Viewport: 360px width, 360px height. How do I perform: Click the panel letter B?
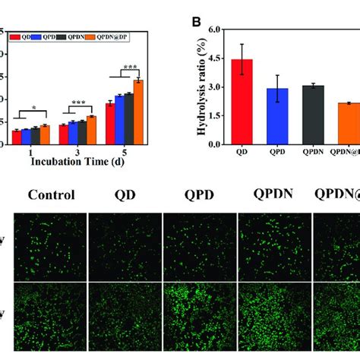pyautogui.click(x=197, y=23)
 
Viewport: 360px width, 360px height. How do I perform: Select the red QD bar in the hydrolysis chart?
pyautogui.click(x=242, y=102)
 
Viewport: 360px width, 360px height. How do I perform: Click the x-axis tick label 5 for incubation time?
pyautogui.click(x=124, y=151)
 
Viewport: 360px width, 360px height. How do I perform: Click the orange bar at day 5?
pyautogui.click(x=137, y=110)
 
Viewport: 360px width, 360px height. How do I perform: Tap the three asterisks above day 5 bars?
pyautogui.click(x=129, y=67)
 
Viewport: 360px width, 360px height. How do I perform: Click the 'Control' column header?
pyautogui.click(x=52, y=194)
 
